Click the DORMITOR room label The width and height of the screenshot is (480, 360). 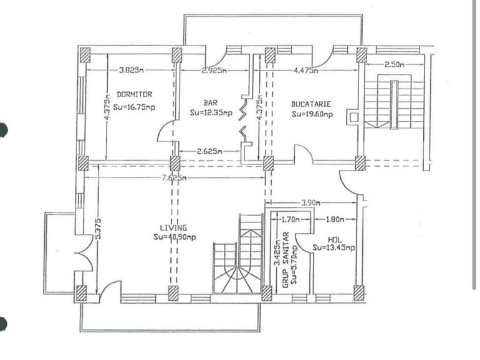tap(134, 95)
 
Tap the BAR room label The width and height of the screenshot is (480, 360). tap(210, 102)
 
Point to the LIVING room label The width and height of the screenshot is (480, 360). tap(173, 228)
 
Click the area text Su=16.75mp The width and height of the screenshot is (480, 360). tap(134, 106)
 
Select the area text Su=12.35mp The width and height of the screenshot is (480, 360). tap(211, 113)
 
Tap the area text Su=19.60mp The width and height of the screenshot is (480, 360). tap(312, 114)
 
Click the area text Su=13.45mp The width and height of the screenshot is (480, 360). tap(334, 248)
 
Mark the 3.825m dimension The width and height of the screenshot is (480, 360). tap(131, 70)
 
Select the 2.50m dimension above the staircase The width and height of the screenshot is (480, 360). tap(394, 64)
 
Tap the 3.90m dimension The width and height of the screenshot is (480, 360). tap(312, 203)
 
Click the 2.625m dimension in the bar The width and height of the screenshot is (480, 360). tap(209, 151)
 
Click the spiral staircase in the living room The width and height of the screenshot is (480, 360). tap(240, 268)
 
